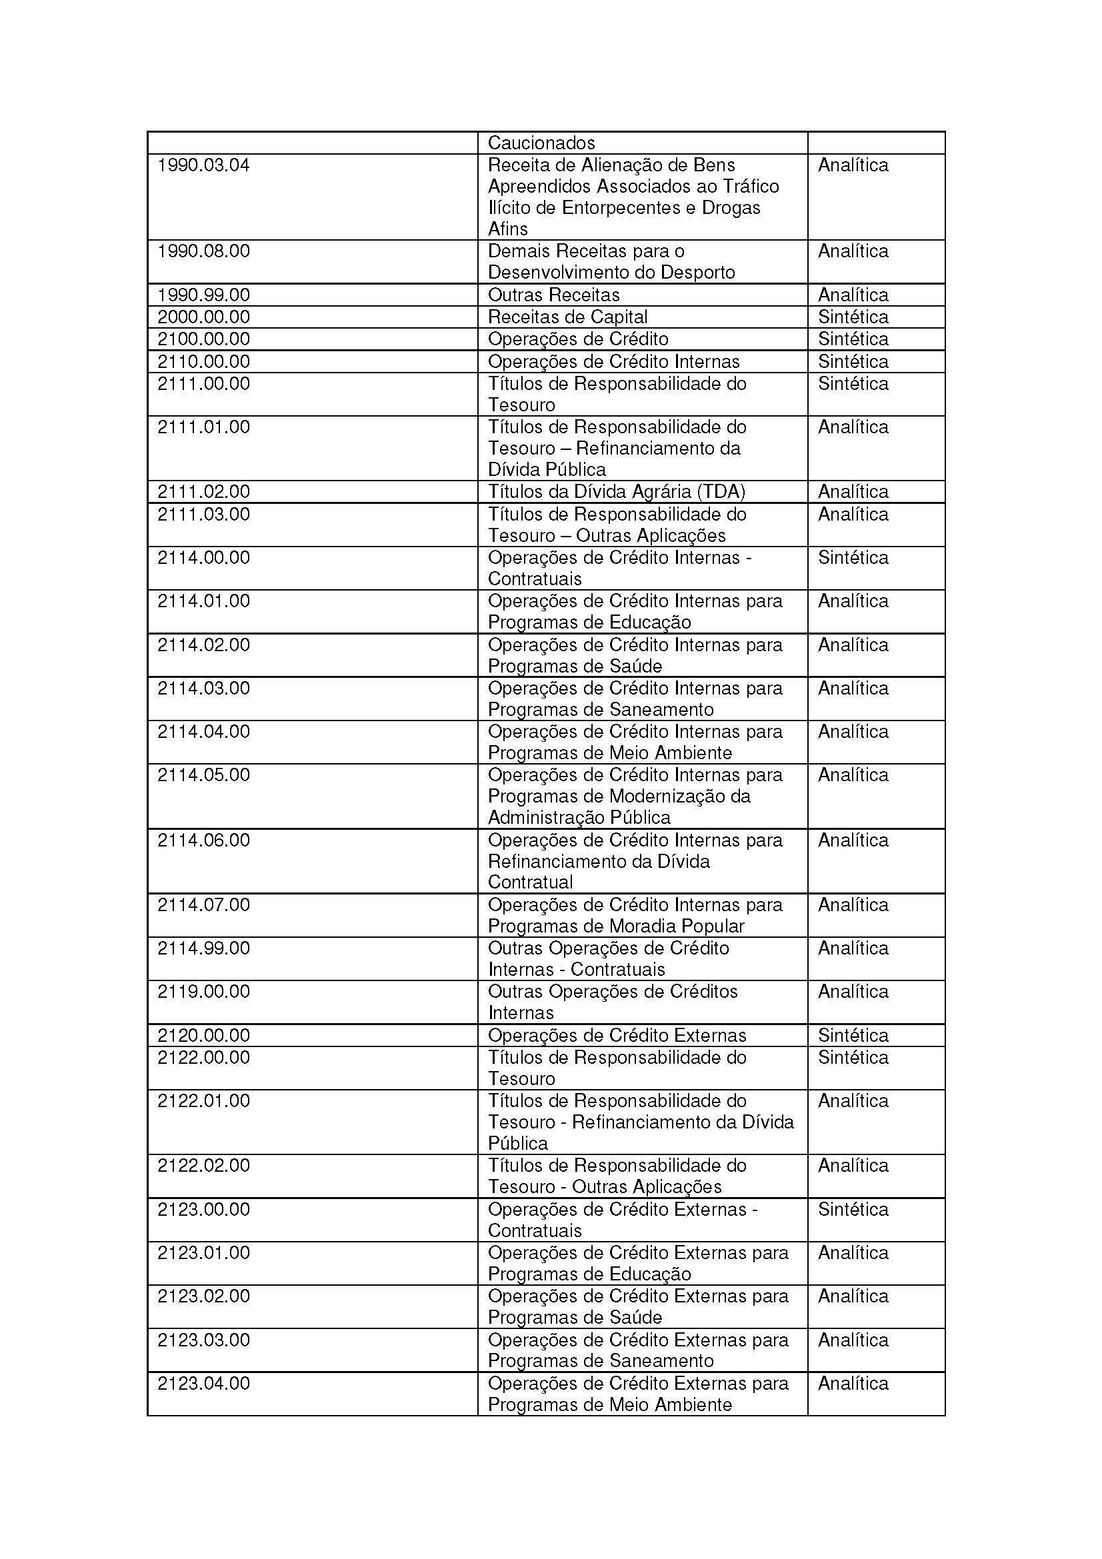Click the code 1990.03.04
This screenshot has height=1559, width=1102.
(x=203, y=165)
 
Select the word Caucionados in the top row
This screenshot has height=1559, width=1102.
(x=541, y=143)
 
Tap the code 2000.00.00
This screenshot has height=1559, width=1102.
(x=203, y=317)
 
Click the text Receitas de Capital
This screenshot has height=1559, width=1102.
(x=567, y=317)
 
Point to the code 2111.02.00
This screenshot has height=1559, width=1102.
(x=203, y=492)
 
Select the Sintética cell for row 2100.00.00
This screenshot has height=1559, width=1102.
(x=853, y=339)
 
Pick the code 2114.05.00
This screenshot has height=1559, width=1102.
(x=203, y=775)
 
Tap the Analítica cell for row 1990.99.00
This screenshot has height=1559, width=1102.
(x=853, y=295)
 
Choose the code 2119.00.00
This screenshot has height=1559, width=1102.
(x=203, y=991)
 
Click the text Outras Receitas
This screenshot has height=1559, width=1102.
(x=553, y=295)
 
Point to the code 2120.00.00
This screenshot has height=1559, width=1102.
(x=203, y=1036)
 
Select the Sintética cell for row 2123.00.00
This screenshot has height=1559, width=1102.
(x=853, y=1209)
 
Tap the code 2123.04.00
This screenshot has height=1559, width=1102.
(x=203, y=1383)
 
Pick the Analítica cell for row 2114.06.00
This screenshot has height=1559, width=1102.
(x=853, y=840)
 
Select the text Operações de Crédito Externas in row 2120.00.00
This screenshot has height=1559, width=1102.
(x=617, y=1036)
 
